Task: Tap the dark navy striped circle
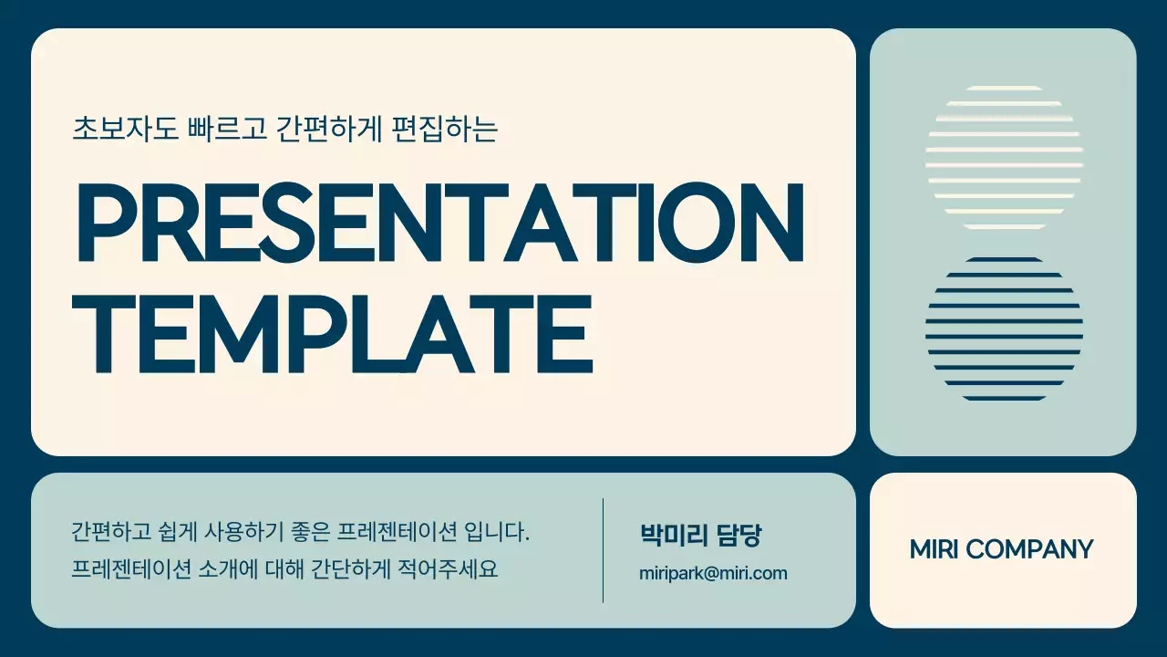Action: (1004, 329)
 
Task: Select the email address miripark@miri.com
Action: (713, 573)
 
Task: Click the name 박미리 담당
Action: (699, 536)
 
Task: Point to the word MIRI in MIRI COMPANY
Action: (934, 549)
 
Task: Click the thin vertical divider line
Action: (604, 550)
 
